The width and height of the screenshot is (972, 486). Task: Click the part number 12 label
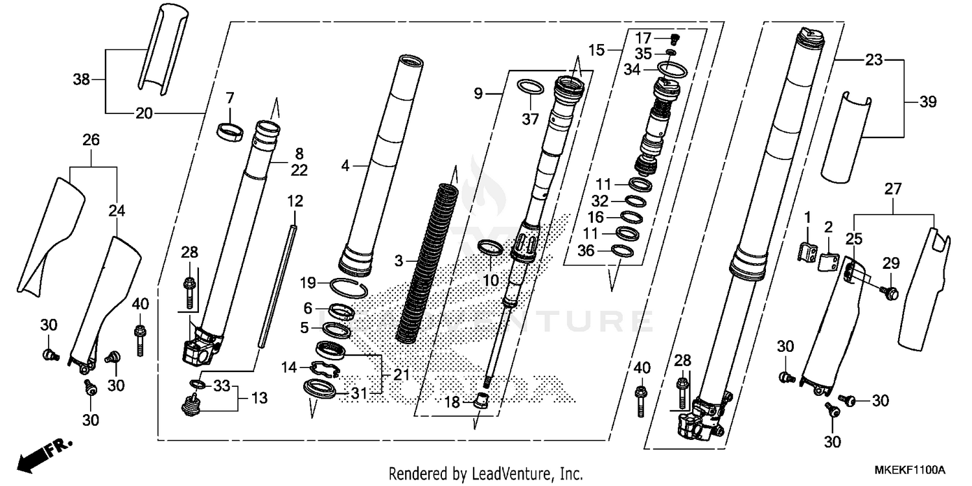pos(295,202)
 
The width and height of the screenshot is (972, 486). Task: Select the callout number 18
pos(452,402)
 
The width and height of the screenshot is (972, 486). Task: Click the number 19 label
pos(308,283)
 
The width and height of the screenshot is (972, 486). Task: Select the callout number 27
pos(894,189)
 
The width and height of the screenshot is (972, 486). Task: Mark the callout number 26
pos(91,139)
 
